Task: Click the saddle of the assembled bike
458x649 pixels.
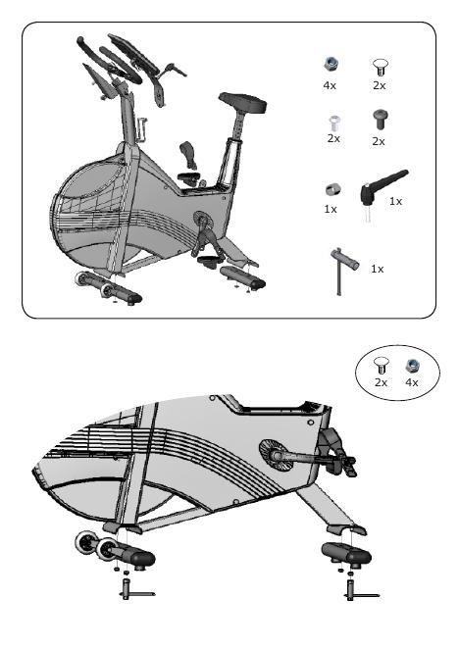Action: tap(242, 102)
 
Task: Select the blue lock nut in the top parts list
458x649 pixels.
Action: tap(331, 64)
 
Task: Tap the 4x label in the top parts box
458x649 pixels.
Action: tap(330, 85)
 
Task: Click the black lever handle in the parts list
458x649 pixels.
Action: tap(383, 185)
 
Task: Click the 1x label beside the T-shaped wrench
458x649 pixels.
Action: tap(377, 269)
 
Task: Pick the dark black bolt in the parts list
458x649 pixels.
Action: tap(381, 120)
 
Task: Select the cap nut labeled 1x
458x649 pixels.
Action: tap(332, 189)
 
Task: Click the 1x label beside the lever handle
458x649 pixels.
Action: tap(395, 201)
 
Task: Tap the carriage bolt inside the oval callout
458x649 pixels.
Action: tap(381, 366)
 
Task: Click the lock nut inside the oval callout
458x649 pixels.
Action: tap(413, 365)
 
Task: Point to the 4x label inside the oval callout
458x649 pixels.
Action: tap(412, 383)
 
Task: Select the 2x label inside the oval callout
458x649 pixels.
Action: tap(381, 383)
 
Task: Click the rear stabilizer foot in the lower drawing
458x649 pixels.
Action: tap(346, 554)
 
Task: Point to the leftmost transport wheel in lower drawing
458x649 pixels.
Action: tap(86, 542)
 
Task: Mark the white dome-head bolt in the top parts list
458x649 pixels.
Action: tap(334, 124)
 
